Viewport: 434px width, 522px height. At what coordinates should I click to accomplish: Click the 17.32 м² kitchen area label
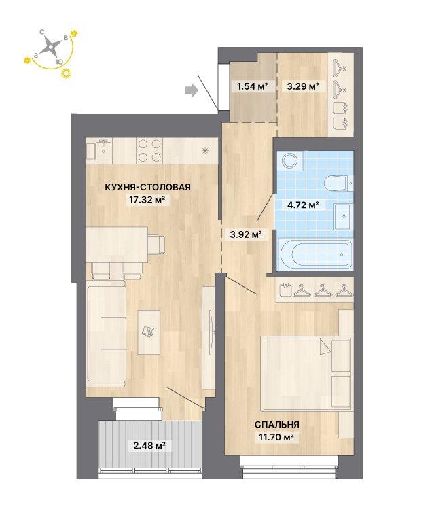click(x=147, y=200)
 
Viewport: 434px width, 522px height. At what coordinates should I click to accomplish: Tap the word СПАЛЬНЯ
click(x=276, y=424)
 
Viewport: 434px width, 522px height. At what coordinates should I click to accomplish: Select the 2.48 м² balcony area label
click(x=149, y=445)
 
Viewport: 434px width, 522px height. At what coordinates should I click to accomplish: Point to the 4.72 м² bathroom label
click(x=303, y=205)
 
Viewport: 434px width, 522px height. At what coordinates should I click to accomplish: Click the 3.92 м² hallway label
click(x=246, y=234)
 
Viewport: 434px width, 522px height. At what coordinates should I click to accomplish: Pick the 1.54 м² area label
click(x=252, y=86)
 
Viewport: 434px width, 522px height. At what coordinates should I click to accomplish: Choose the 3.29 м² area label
click(x=303, y=86)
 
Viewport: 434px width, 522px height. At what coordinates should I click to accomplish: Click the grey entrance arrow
click(x=192, y=90)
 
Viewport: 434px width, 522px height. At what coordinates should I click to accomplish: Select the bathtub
click(x=315, y=255)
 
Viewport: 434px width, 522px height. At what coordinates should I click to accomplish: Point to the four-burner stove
click(x=149, y=150)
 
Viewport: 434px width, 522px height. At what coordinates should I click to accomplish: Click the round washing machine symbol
click(x=289, y=160)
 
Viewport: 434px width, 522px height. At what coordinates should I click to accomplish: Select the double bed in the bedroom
click(x=306, y=374)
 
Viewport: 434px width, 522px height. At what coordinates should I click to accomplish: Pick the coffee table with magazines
click(x=149, y=332)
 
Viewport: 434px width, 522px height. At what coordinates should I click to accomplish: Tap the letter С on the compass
click(x=42, y=32)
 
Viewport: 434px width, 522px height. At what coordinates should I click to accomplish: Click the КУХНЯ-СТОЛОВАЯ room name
click(x=147, y=187)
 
